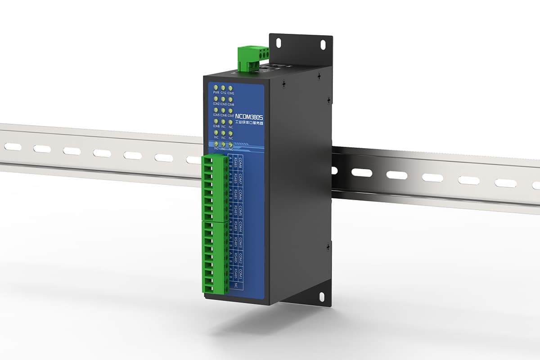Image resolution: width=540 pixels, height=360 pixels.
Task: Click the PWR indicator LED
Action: [216, 87]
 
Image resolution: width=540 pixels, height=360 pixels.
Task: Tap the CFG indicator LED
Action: [224, 87]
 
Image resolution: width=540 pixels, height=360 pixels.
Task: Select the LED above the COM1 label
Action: [231, 88]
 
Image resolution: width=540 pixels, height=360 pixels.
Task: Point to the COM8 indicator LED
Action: [216, 121]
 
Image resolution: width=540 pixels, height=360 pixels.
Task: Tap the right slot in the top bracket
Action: [323, 44]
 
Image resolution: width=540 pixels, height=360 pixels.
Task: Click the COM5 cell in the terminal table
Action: [241, 210]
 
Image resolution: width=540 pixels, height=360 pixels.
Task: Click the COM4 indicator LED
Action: [231, 99]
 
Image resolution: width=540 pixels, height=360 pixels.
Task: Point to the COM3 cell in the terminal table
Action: [241, 243]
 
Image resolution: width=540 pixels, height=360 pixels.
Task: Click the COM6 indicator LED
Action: [224, 110]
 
